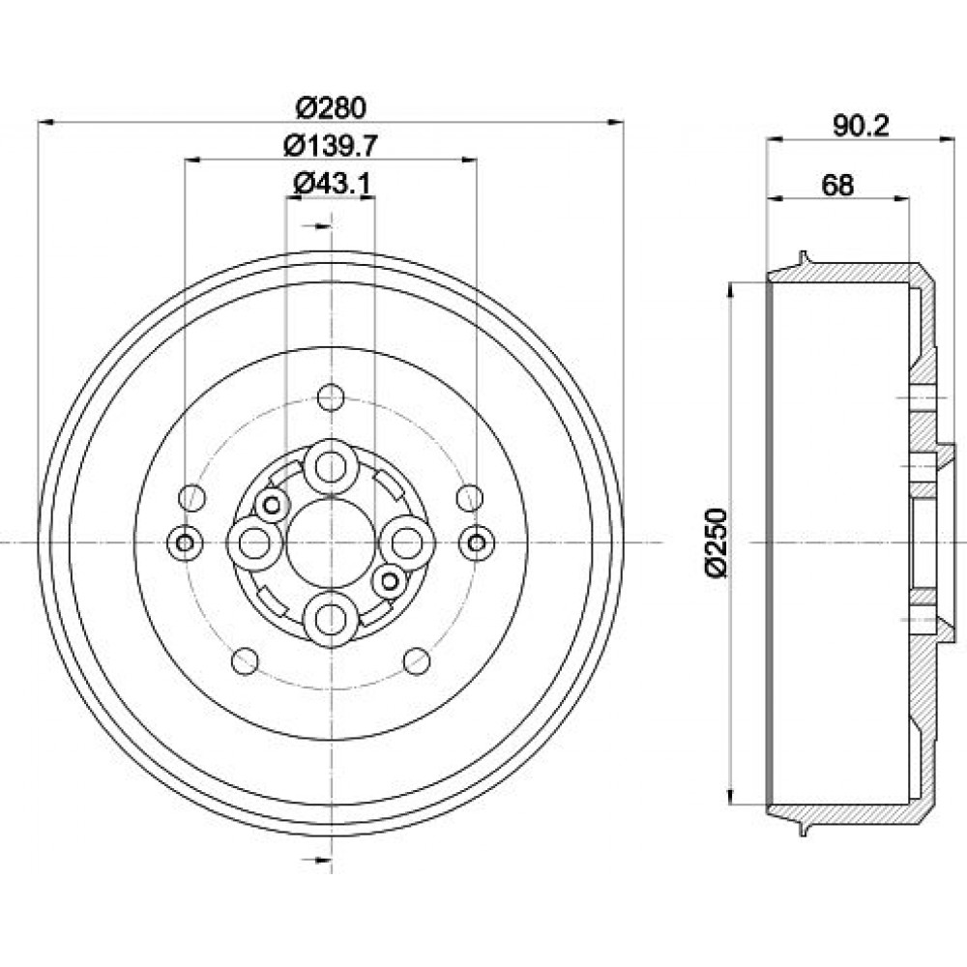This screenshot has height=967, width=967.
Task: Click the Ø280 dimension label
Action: pyautogui.click(x=331, y=108)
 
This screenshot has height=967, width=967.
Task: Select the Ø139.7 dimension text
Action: pyautogui.click(x=331, y=146)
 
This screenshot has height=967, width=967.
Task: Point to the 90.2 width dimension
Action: pyautogui.click(x=861, y=127)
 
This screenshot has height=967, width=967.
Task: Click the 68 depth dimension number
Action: pyautogui.click(x=837, y=185)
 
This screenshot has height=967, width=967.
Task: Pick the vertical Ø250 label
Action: pyautogui.click(x=716, y=542)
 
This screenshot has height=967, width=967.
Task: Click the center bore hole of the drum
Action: pyautogui.click(x=331, y=542)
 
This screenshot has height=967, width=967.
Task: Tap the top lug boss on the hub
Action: pyautogui.click(x=331, y=467)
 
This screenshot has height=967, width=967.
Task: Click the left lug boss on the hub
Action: pyautogui.click(x=254, y=543)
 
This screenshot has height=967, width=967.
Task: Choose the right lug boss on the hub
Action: pyautogui.click(x=407, y=543)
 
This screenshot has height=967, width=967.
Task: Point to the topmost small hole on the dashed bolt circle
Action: pyautogui.click(x=331, y=396)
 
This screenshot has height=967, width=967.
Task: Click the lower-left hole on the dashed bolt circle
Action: pyautogui.click(x=245, y=661)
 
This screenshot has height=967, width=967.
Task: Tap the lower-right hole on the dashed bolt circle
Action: pyautogui.click(x=417, y=661)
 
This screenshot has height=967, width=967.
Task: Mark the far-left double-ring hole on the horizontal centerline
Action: pyautogui.click(x=185, y=543)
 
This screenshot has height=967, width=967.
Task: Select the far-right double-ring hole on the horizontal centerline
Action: pyautogui.click(x=477, y=543)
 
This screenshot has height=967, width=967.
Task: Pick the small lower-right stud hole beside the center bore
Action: pyautogui.click(x=390, y=580)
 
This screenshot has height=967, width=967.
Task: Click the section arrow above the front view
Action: pyautogui.click(x=316, y=225)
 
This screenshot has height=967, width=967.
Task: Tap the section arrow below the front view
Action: pyautogui.click(x=316, y=860)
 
